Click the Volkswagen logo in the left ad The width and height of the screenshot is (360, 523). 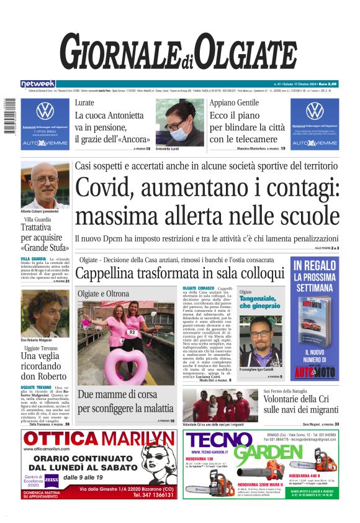(x=45, y=111)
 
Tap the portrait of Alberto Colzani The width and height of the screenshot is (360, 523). (x=45, y=184)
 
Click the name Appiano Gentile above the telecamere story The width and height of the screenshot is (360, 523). (x=234, y=102)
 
